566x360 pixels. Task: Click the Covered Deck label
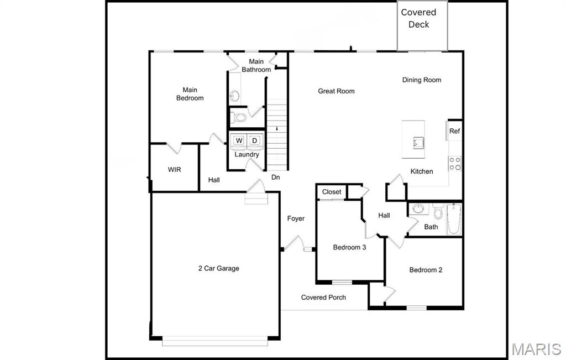coord(418,18)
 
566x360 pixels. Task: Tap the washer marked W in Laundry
coord(239,140)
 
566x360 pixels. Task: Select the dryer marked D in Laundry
coord(254,140)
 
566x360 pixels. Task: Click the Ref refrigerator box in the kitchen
coord(454,131)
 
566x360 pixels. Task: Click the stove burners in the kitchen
coord(455,163)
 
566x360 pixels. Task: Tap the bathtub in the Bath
coord(454,218)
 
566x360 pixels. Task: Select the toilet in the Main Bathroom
coord(239,117)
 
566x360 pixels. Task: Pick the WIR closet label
coord(174,170)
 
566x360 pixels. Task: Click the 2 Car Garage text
coord(219,269)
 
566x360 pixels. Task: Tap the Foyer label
coord(296,218)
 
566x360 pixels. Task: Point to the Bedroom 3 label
coord(349,247)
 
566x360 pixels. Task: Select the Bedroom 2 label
coord(426,270)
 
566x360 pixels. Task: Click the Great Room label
coord(336,91)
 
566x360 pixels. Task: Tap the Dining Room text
coord(421,80)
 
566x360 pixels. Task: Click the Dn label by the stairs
coord(275,178)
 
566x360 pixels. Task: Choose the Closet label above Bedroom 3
coord(332,192)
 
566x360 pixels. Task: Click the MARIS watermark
coord(536,349)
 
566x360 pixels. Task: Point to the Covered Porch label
coord(323,298)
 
